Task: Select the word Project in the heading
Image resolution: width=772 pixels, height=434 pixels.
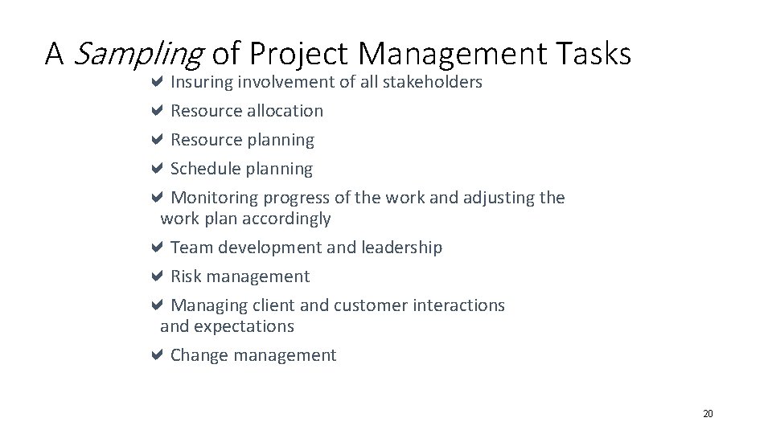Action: pos(301,54)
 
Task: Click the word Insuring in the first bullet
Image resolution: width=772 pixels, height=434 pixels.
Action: pos(200,82)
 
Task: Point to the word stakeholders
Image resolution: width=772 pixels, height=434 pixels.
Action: pos(433,82)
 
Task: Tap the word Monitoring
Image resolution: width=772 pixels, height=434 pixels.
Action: pos(215,198)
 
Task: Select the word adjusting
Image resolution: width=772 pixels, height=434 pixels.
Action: pos(496,198)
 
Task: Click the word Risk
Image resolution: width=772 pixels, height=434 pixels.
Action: pos(186,276)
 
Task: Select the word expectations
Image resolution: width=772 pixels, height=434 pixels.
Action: pos(245,326)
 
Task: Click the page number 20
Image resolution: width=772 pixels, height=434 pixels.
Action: pos(708,414)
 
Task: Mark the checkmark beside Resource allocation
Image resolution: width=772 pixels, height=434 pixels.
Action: pos(158,110)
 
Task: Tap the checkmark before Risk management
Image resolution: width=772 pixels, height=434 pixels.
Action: pos(158,276)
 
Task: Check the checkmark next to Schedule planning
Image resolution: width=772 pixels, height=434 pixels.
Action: pos(158,168)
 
